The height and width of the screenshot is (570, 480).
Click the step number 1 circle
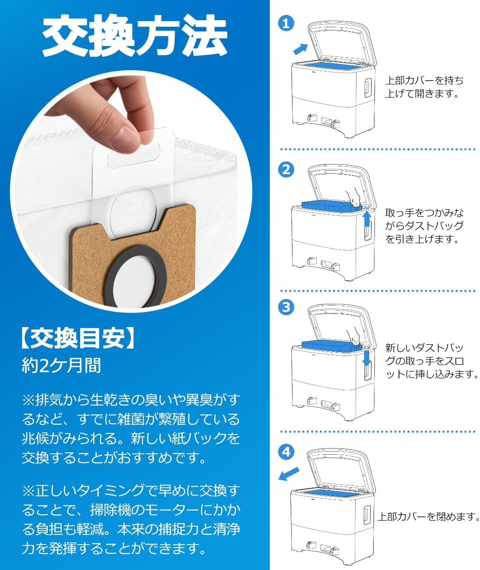(286, 23)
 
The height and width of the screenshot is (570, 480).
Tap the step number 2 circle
(286, 170)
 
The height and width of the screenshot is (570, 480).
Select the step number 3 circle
(286, 307)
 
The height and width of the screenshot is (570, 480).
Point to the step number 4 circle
(286, 451)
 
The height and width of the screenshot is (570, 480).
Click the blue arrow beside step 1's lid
(300, 48)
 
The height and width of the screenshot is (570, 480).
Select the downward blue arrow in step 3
(367, 358)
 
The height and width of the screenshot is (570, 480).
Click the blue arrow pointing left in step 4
(289, 474)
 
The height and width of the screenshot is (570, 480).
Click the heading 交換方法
(134, 35)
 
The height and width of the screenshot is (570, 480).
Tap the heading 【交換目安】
(78, 338)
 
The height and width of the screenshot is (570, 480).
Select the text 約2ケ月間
(61, 365)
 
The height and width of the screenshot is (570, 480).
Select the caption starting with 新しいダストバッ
(431, 361)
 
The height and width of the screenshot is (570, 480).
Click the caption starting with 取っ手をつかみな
(424, 226)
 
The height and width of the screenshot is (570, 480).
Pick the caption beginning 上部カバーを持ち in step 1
(424, 87)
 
